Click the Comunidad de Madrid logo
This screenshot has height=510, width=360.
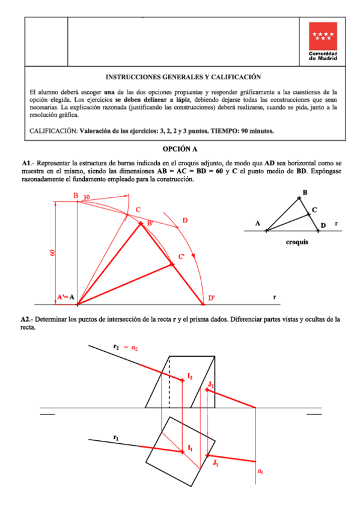(x=323, y=41)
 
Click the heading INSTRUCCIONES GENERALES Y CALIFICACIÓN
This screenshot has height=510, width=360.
(x=183, y=77)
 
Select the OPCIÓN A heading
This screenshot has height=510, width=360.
(x=180, y=149)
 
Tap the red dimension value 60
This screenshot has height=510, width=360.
(x=52, y=253)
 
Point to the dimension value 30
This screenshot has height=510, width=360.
(x=87, y=197)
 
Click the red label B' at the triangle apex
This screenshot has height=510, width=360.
(x=150, y=223)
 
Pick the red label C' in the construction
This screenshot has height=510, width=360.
(x=181, y=257)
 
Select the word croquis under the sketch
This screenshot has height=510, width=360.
(x=297, y=244)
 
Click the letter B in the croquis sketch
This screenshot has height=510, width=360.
(x=305, y=192)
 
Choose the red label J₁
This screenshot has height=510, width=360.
(x=215, y=462)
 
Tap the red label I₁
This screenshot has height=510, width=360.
(x=190, y=447)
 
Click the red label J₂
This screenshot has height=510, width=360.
(x=210, y=384)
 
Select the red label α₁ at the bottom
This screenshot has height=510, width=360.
(x=260, y=472)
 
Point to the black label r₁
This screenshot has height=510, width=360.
(x=115, y=437)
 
